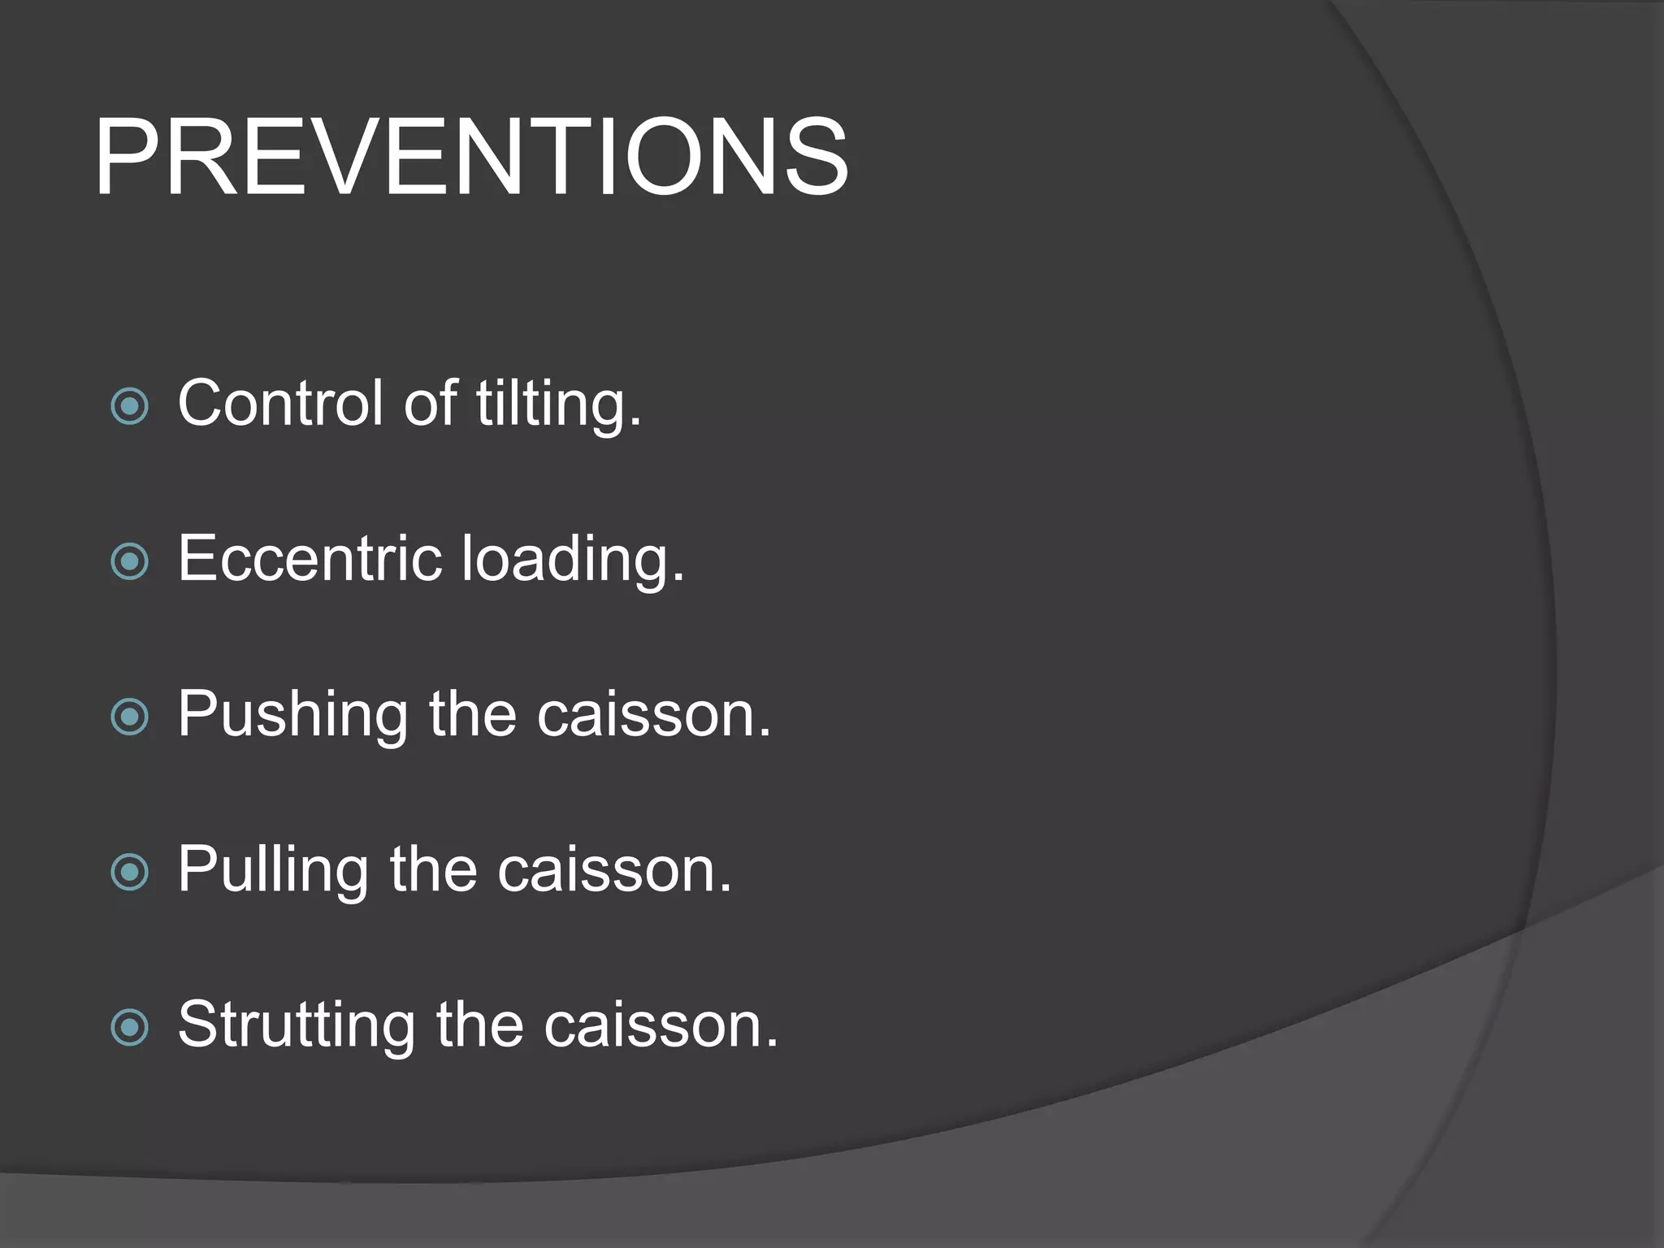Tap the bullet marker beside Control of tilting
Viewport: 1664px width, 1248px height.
point(130,406)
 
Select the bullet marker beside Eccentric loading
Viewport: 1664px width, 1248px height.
point(130,561)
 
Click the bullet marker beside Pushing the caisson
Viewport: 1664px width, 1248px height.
point(130,717)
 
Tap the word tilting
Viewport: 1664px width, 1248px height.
point(559,404)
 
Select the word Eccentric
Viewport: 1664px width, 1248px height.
point(310,558)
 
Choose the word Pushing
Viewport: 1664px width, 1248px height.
point(292,715)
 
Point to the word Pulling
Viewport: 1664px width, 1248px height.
point(273,871)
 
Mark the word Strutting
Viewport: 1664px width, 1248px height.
point(296,1026)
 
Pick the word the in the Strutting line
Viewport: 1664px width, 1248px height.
point(479,1025)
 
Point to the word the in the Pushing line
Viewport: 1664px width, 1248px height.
point(473,715)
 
